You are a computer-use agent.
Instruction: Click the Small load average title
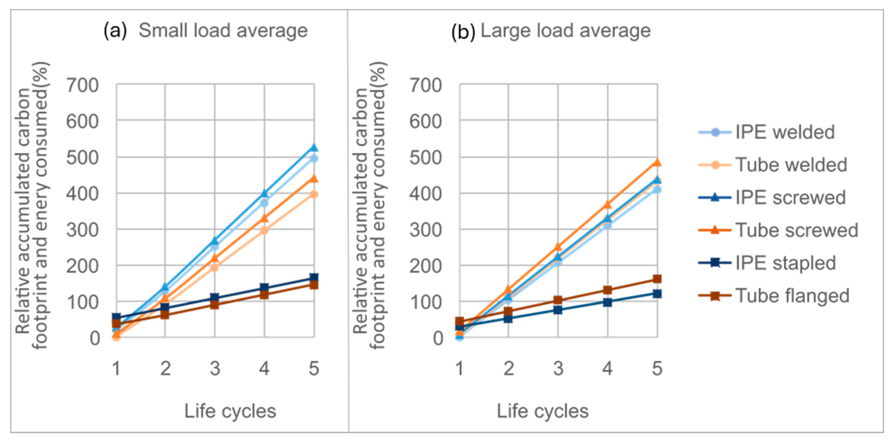point(223,31)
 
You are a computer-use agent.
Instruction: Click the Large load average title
point(566,31)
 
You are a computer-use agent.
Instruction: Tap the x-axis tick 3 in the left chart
point(215,369)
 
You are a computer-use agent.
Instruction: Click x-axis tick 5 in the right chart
point(657,369)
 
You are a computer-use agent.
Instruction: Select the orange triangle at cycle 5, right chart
point(657,162)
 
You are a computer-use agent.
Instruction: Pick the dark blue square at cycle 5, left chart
point(314,278)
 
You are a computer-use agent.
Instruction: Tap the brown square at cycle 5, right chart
point(657,279)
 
